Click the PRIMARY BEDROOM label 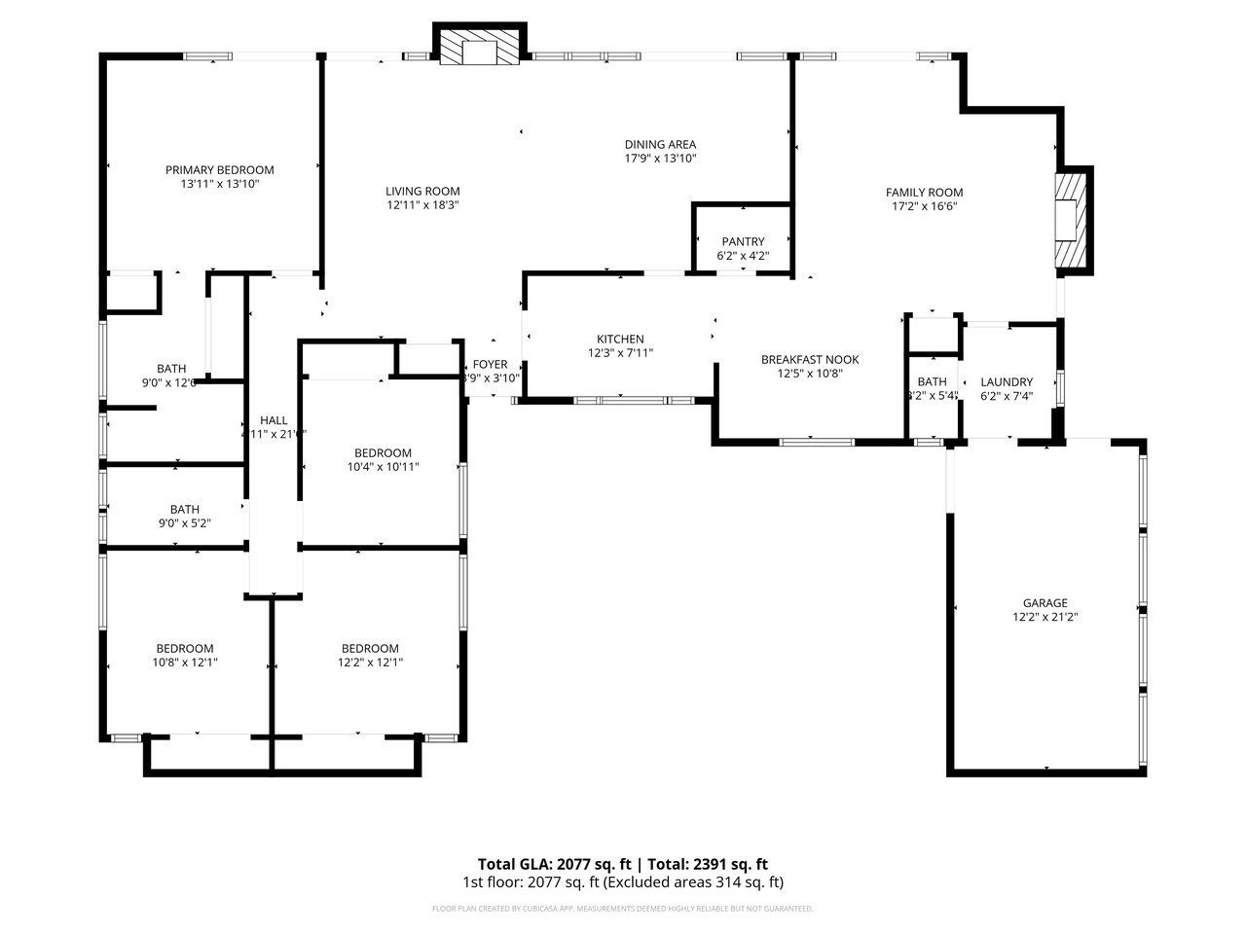point(219,169)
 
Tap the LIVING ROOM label point(422,192)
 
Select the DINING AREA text point(660,144)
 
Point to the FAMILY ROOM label point(924,193)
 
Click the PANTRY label point(743,241)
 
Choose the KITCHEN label point(620,340)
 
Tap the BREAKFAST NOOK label point(810,359)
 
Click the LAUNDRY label point(1007,381)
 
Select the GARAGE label point(1044,603)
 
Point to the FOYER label point(491,365)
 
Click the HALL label point(274,420)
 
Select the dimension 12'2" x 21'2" point(1044,617)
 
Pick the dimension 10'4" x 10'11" point(383,467)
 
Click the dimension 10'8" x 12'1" point(185,663)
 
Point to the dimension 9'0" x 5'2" point(185,522)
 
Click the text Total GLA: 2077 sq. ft point(553,864)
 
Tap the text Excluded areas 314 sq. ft point(694,882)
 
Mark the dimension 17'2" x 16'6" point(924,206)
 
